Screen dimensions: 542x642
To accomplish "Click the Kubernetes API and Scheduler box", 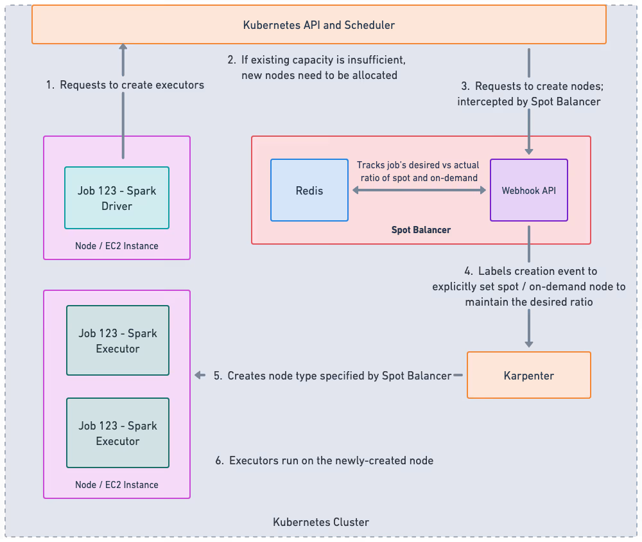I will pos(319,26).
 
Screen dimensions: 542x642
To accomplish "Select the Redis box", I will pos(309,191).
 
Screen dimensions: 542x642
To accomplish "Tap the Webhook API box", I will pos(528,191).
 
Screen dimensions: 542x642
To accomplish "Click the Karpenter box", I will pos(528,375).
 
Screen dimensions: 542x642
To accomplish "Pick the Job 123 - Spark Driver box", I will pos(117,198).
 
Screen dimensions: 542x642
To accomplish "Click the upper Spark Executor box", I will pos(117,340).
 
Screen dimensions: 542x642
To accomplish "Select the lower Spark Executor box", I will pos(117,433).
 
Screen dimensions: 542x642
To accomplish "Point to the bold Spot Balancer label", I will pos(421,229).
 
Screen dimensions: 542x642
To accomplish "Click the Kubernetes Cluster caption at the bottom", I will pos(321,521).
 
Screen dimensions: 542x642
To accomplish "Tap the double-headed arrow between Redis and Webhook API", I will pos(419,191).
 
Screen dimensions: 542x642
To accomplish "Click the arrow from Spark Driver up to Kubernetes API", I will pos(123,103).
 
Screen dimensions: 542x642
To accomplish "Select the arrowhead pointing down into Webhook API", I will pos(529,150).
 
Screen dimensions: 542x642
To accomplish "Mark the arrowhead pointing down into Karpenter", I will pos(529,344).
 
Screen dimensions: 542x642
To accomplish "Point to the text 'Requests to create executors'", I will pos(132,85).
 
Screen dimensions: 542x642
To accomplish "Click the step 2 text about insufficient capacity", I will pos(317,67).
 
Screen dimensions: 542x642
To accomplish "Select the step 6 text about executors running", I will pos(324,460).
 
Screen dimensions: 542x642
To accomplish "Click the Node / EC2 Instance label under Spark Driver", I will pos(117,246).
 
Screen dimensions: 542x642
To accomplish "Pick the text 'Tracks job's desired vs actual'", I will pos(417,165).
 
